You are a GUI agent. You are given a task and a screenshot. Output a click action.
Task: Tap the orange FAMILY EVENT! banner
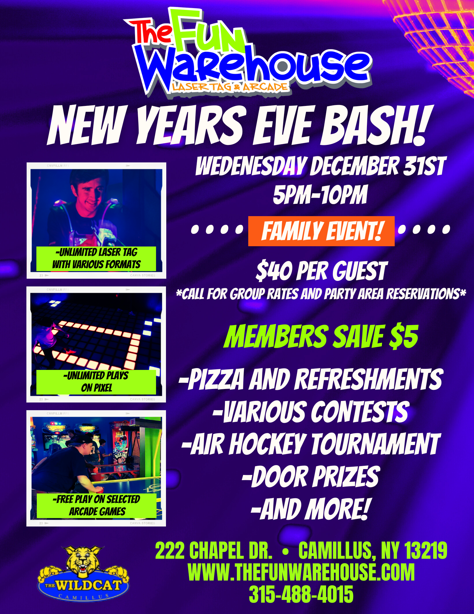coord(321,231)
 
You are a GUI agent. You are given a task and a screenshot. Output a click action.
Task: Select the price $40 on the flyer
coord(274,271)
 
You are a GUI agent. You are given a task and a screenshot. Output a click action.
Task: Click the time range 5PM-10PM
coord(320,195)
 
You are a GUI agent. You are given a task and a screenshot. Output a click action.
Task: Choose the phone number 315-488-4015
coord(301,594)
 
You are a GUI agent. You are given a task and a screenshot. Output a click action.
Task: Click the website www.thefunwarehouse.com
coord(301,572)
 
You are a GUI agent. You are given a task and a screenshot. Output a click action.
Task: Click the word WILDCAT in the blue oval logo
coord(88,585)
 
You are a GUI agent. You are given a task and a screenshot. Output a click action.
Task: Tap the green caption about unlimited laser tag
coord(96,258)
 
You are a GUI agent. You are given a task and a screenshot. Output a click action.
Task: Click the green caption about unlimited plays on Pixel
coord(96,382)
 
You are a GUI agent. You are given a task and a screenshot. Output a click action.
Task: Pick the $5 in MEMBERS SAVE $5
coord(404,337)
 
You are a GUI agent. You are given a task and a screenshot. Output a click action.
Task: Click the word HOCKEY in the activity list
coord(267,444)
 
